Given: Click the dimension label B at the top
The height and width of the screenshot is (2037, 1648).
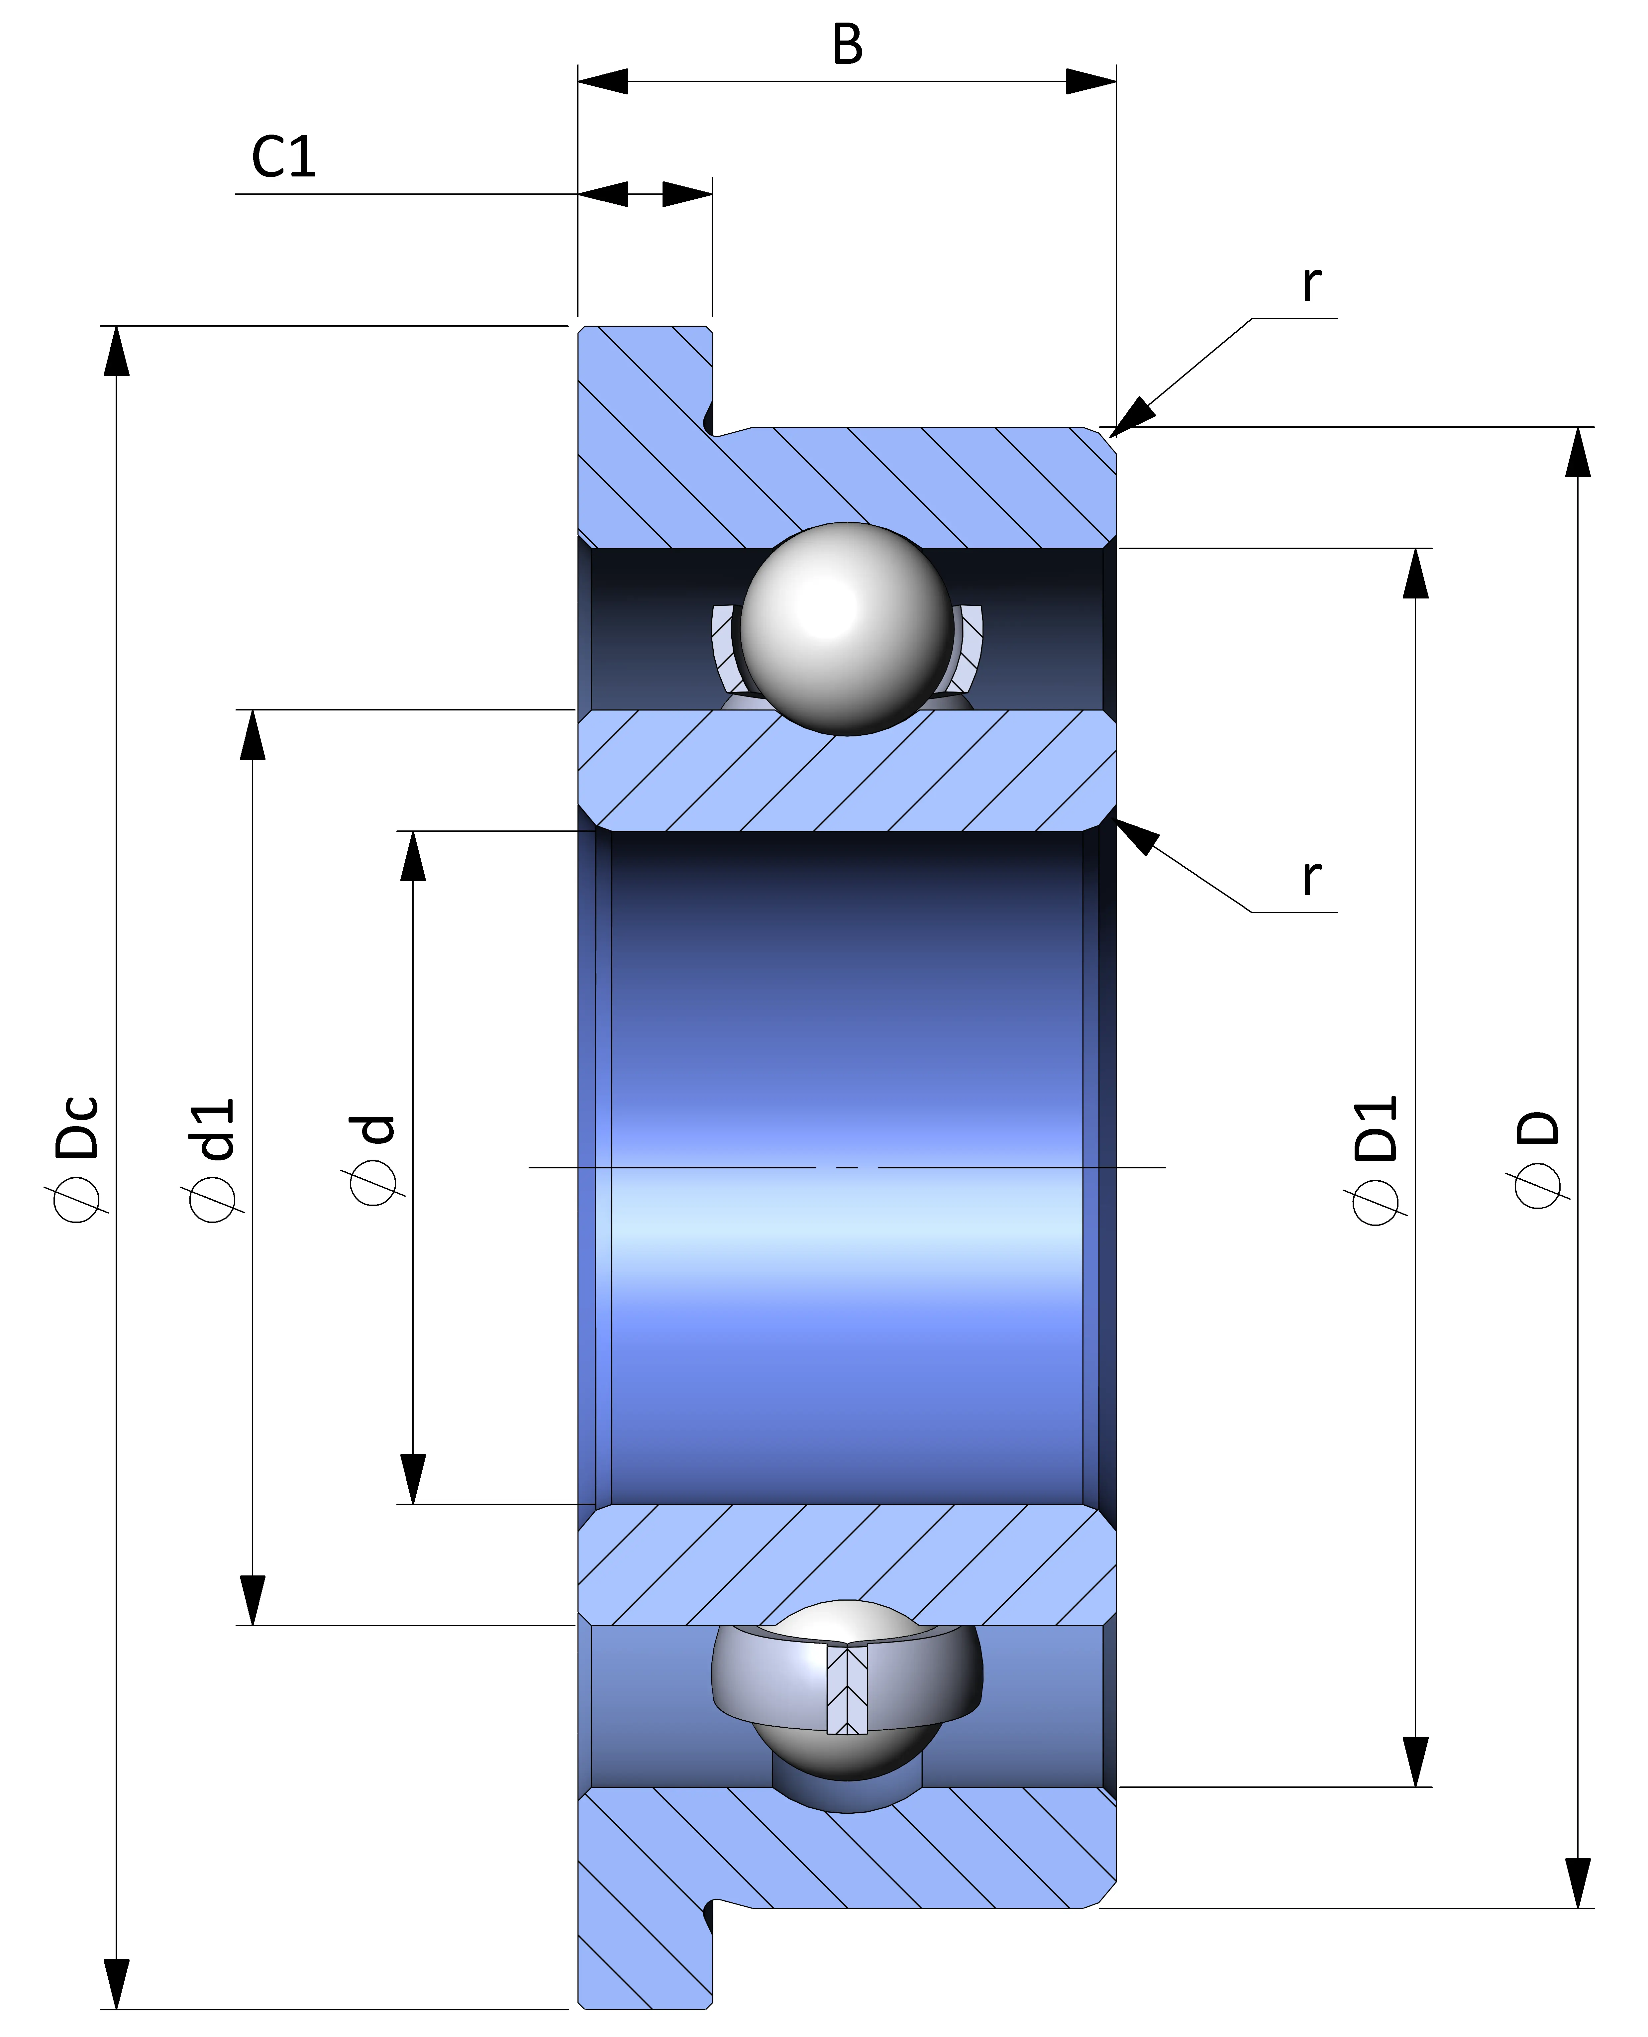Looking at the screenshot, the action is pos(848,45).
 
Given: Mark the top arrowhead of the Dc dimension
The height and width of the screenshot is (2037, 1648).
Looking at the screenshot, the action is pos(116,351).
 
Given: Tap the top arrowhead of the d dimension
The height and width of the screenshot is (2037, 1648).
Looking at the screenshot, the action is pos(412,856).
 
